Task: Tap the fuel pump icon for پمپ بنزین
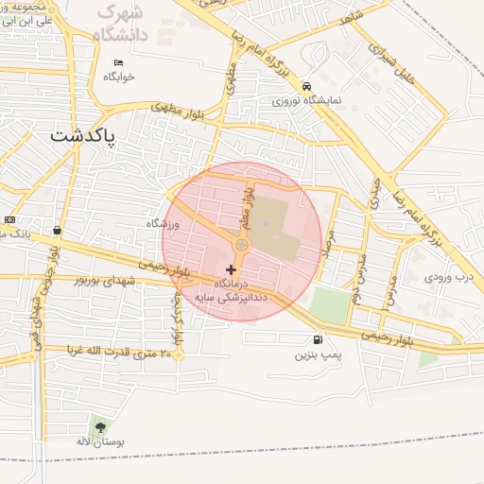[x=315, y=340]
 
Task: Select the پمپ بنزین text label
[x=317, y=356]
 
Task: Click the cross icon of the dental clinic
[x=231, y=270]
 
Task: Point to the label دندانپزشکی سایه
[x=231, y=296]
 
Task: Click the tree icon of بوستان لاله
[x=100, y=427]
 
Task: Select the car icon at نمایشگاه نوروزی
[x=306, y=86]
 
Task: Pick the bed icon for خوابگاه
[x=118, y=62]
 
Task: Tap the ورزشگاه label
[x=162, y=223]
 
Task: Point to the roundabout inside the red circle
[x=242, y=246]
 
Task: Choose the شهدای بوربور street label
[x=112, y=281]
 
